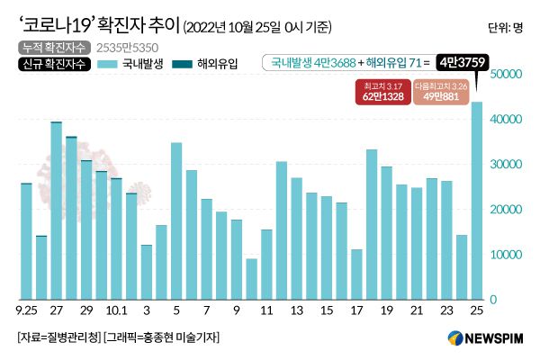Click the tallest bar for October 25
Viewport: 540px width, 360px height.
[477, 201]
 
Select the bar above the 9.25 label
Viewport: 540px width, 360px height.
[26, 241]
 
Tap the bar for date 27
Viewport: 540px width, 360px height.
[57, 211]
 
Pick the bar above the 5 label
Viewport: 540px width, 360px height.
[176, 221]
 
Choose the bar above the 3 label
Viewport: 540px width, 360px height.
[147, 272]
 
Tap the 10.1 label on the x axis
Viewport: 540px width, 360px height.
[116, 312]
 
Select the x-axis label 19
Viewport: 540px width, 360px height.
[386, 312]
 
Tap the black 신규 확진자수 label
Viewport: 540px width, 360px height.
[51, 64]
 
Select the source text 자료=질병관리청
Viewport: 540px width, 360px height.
[58, 337]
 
